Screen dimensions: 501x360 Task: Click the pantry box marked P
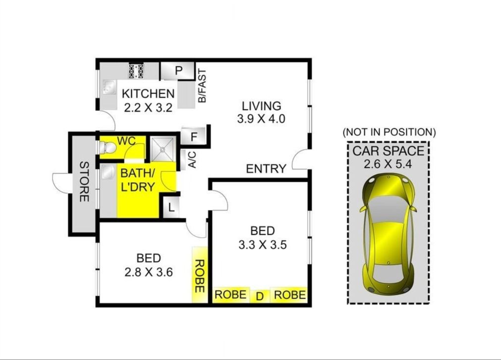pos(177,70)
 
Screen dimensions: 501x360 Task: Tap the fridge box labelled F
pos(194,137)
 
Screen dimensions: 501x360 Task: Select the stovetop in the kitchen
pos(136,71)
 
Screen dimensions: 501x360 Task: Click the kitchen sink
pos(109,87)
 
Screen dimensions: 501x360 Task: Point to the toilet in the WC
pos(108,148)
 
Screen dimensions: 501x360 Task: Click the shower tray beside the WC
pos(163,149)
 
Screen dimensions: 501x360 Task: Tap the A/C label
pos(192,159)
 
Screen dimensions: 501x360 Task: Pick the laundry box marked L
pos(171,208)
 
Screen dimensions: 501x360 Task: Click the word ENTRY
pos(266,168)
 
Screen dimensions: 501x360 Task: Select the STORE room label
pos(84,182)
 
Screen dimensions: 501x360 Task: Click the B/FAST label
pos(202,86)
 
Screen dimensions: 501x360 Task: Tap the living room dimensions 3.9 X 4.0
pos(261,119)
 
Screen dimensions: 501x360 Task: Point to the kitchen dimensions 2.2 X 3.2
pos(148,107)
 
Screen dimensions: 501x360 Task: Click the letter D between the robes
pos(260,297)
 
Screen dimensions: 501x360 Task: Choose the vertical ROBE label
pos(199,276)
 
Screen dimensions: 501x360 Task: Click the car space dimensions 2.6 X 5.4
pos(388,164)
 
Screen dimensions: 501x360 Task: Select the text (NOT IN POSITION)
pos(389,132)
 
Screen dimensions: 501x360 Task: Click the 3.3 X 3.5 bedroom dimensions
pos(262,245)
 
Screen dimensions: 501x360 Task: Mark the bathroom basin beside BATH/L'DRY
pos(109,172)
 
